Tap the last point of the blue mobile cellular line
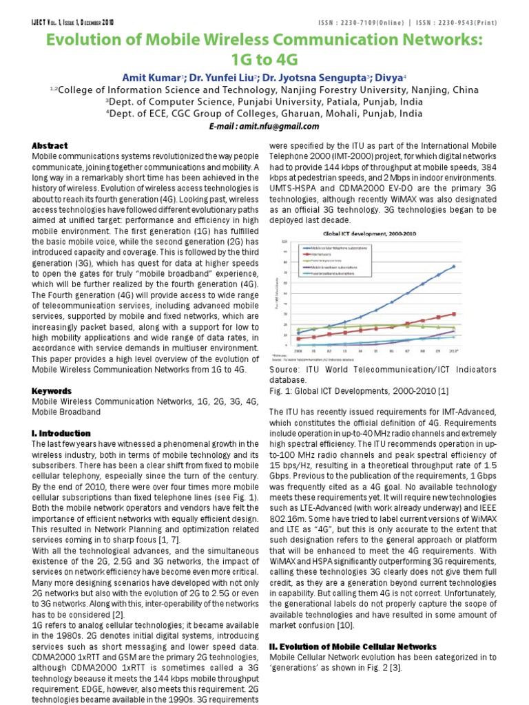[453, 266]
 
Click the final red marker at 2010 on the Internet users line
[453, 314]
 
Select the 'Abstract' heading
[50, 146]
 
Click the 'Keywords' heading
[52, 391]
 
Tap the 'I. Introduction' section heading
[61, 433]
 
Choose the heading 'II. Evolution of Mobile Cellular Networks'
[352, 646]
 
